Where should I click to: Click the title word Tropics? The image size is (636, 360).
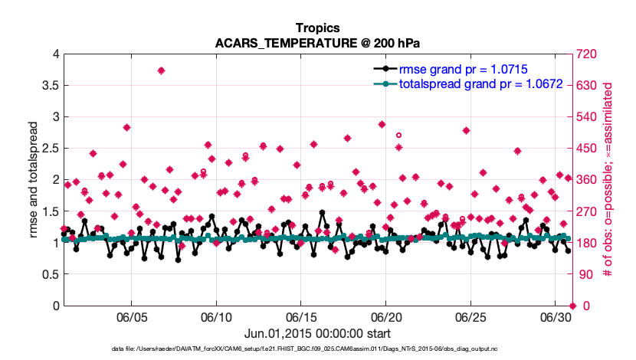coord(317,28)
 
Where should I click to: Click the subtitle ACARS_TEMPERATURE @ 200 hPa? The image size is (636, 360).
coord(317,43)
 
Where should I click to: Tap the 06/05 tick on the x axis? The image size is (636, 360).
coord(131,317)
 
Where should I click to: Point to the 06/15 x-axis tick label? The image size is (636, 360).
coord(301,317)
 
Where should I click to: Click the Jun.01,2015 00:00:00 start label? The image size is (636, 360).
coord(317,334)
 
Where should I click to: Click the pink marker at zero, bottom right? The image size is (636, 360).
coord(572,306)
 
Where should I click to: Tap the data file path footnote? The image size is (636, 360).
coord(317,349)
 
